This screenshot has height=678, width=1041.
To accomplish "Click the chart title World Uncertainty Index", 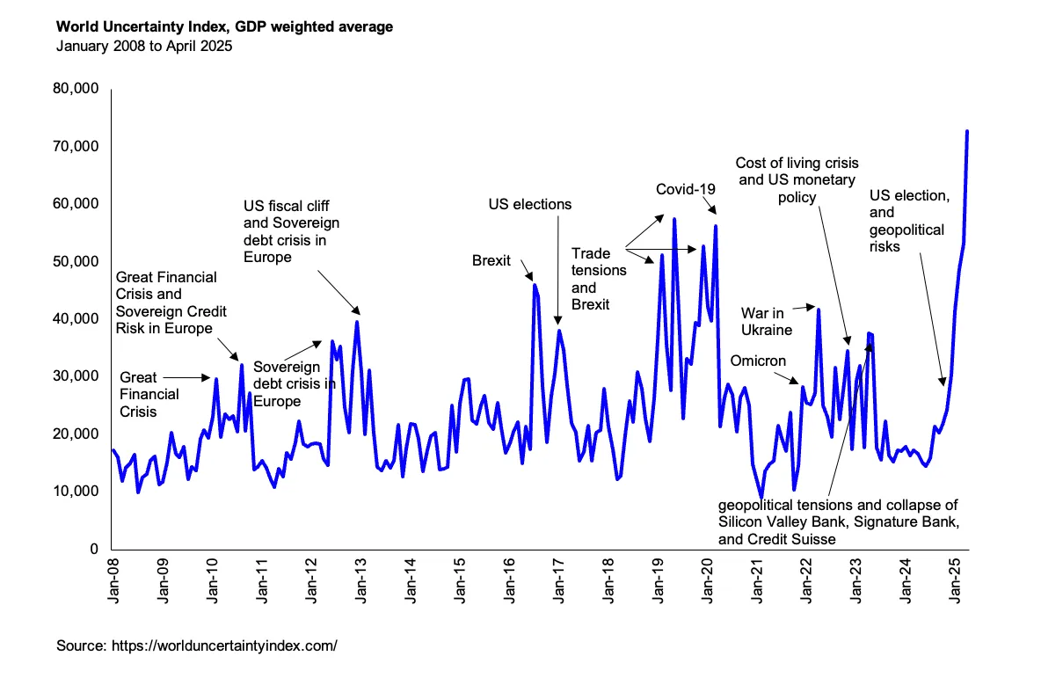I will pos(224,27).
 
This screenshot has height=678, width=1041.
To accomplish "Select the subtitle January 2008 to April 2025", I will pos(144,47).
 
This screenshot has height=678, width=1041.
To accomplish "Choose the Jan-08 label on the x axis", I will pos(114,580).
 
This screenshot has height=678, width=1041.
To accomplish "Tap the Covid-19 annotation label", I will pos(686,189).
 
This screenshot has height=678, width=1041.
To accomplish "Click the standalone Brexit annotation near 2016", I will pos(491,260).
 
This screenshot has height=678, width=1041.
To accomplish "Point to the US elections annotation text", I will pos(529,204).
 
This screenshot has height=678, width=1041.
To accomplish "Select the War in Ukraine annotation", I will pos(767,322).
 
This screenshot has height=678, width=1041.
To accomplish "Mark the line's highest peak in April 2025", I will pos(967,132).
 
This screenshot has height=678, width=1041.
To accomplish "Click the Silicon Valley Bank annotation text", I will pos(837,522).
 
